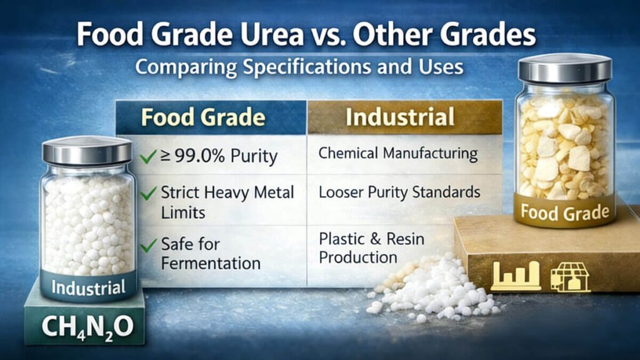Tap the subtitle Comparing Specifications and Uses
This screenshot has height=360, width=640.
point(299,66)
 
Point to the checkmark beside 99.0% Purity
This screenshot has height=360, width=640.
point(148,156)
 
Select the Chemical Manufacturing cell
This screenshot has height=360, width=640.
point(397,153)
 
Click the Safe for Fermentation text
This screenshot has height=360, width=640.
point(210,253)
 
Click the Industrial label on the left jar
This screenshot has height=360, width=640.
point(87,288)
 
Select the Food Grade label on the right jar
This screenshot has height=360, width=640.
point(564,212)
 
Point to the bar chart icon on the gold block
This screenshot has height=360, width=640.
point(516,276)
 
